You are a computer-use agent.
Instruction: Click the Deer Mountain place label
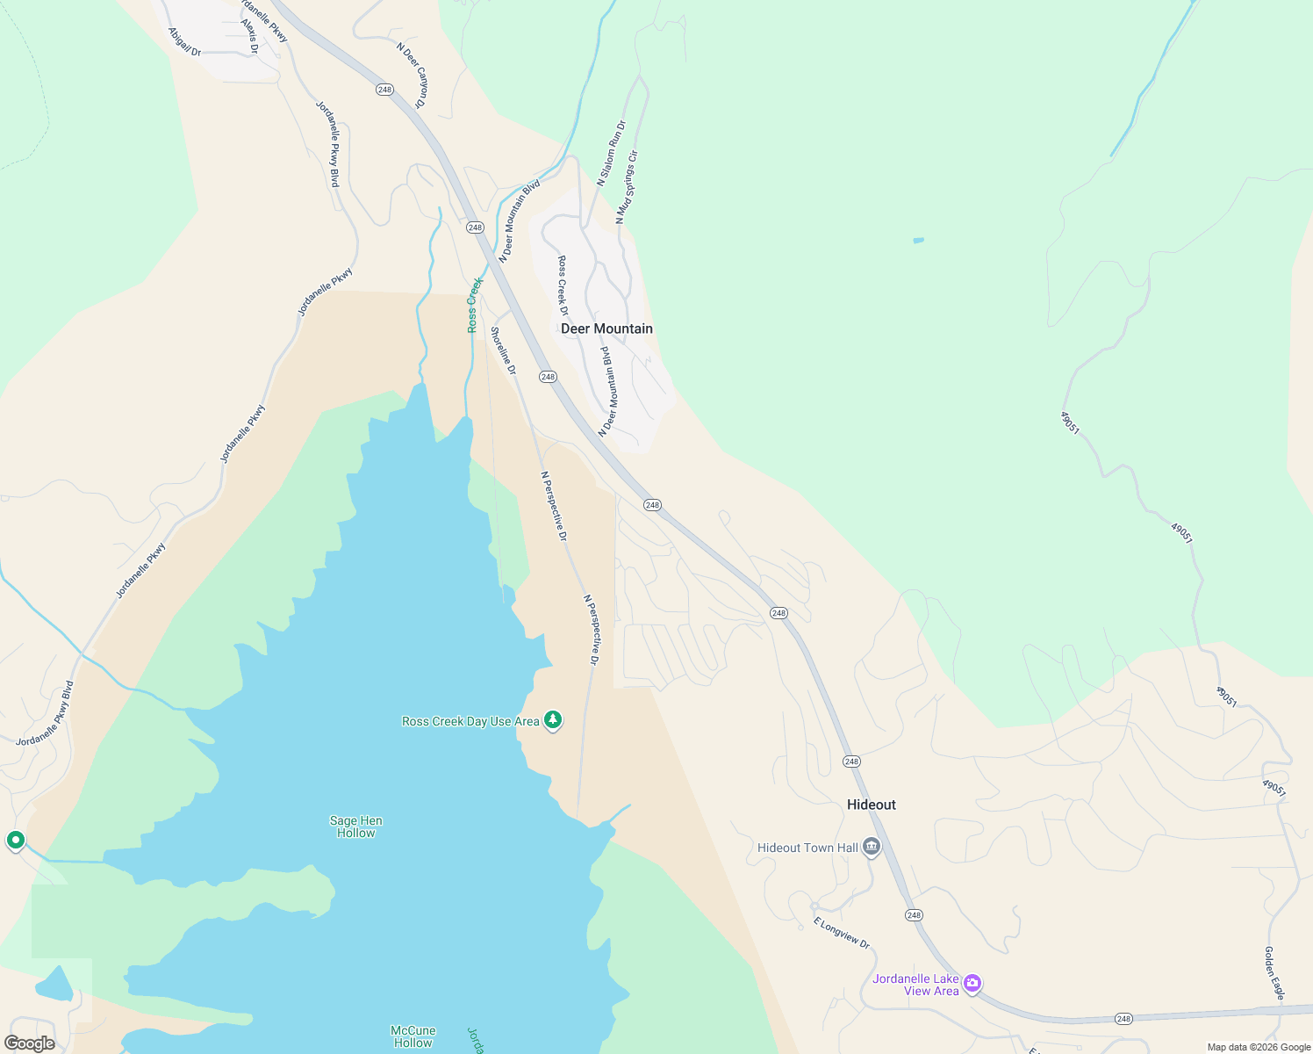pyautogui.click(x=606, y=328)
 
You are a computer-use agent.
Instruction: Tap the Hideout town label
pyautogui.click(x=871, y=805)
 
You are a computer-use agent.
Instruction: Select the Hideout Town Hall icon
pyautogui.click(x=872, y=847)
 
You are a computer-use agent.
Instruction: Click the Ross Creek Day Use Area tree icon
pyautogui.click(x=553, y=720)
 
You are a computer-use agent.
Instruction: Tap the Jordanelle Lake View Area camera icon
pyautogui.click(x=972, y=983)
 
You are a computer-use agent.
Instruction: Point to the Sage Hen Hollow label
pyautogui.click(x=355, y=827)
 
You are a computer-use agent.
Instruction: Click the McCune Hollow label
pyautogui.click(x=413, y=1036)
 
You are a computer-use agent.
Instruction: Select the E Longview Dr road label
pyautogui.click(x=841, y=933)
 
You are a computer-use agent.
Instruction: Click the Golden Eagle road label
pyautogui.click(x=1274, y=972)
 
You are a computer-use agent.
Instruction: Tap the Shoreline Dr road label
pyautogui.click(x=503, y=350)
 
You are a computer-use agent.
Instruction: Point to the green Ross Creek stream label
pyautogui.click(x=474, y=305)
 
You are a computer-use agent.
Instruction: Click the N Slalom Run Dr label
pyautogui.click(x=612, y=154)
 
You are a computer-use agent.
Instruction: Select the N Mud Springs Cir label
pyautogui.click(x=627, y=186)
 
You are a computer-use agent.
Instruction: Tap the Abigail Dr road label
pyautogui.click(x=184, y=41)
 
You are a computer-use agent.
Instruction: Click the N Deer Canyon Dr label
pyautogui.click(x=412, y=76)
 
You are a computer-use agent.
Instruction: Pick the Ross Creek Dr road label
pyautogui.click(x=563, y=285)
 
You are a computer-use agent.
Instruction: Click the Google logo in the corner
pyautogui.click(x=30, y=1043)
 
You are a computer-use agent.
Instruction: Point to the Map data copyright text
pyautogui.click(x=1259, y=1047)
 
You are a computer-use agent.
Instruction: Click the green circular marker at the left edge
pyautogui.click(x=15, y=841)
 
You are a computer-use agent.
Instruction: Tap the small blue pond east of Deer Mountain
pyautogui.click(x=918, y=240)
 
